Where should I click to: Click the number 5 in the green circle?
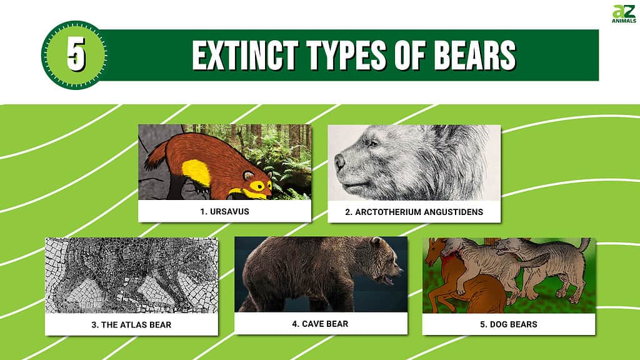(76, 54)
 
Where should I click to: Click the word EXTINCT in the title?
(246, 55)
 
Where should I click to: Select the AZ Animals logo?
(624, 14)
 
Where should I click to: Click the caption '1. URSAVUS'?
(224, 211)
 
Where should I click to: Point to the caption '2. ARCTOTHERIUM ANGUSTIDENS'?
(414, 212)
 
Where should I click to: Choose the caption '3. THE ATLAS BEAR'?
(131, 325)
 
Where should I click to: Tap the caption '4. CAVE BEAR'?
(321, 324)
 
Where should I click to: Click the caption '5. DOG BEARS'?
(509, 324)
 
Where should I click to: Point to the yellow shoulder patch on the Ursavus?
(196, 172)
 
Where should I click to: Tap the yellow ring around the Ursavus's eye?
(257, 186)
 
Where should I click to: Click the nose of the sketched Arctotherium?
(339, 162)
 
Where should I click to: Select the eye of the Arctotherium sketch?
(372, 143)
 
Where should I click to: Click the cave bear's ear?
(376, 242)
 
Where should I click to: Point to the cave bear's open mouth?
(387, 279)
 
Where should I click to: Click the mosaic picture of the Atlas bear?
(131, 276)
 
